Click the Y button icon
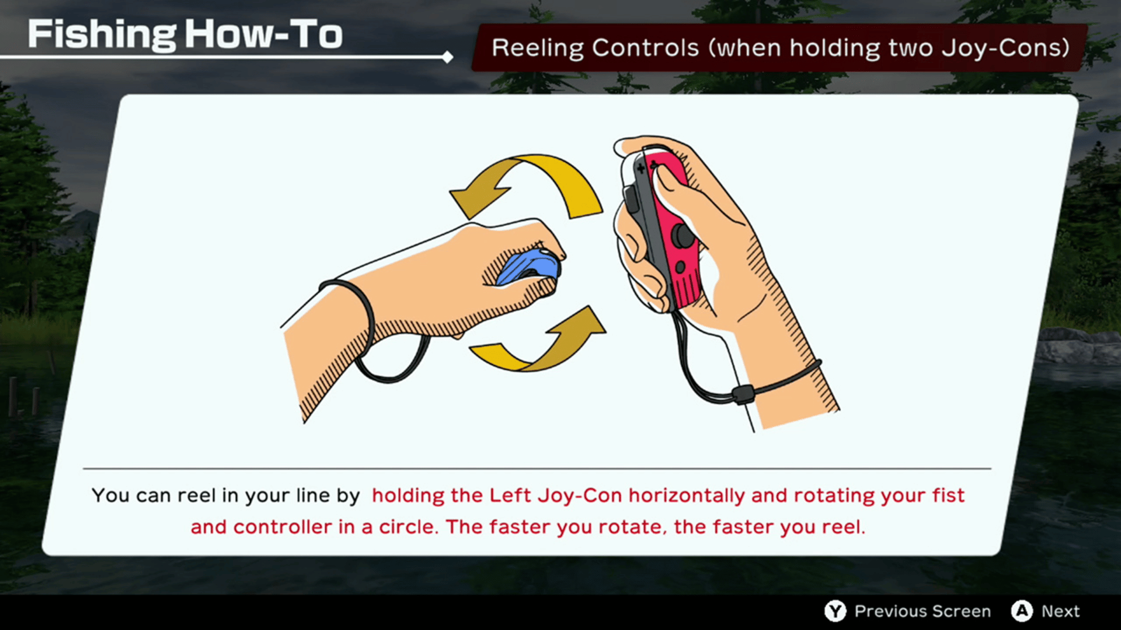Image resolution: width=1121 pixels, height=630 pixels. tap(835, 611)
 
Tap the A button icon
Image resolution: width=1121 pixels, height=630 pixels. tap(1022, 611)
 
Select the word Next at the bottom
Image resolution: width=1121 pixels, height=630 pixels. tap(1061, 611)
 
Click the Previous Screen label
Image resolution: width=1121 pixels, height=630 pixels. tap(922, 611)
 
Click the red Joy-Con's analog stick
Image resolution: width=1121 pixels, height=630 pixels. tap(684, 236)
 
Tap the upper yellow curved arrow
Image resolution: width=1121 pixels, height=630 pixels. tap(525, 175)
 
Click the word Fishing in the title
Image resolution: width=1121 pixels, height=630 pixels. tap(102, 34)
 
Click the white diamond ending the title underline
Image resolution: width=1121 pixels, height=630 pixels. tap(448, 57)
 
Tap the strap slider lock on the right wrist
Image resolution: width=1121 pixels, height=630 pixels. tap(743, 394)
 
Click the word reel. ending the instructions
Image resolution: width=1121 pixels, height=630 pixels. tap(844, 527)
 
